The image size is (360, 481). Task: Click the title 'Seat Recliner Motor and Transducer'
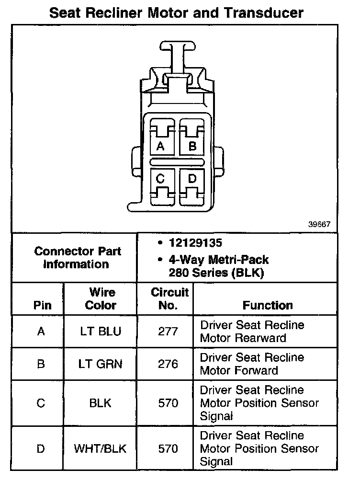click(176, 12)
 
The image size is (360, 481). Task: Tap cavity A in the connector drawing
click(160, 146)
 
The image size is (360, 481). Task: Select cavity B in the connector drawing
click(192, 146)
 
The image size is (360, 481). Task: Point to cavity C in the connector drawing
click(160, 180)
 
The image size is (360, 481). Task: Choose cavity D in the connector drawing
click(192, 180)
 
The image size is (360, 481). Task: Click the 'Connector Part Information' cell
click(78, 258)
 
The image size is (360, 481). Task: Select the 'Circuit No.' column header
click(170, 298)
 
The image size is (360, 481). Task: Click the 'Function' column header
click(268, 305)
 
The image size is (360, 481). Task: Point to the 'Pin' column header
click(43, 305)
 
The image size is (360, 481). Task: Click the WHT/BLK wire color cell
click(101, 449)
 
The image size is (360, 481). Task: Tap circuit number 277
click(168, 331)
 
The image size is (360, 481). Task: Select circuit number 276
click(168, 364)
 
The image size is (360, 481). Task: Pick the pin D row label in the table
click(41, 449)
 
